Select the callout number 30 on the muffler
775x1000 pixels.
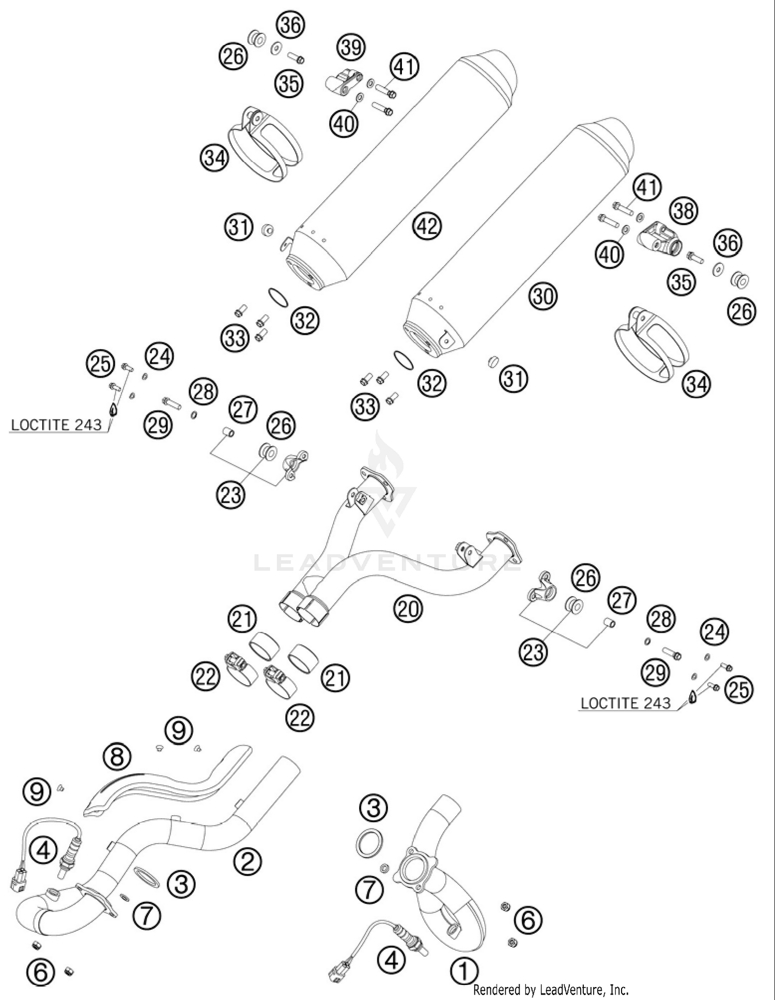(x=543, y=296)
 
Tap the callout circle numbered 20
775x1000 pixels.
(x=408, y=610)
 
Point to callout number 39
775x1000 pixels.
(x=351, y=48)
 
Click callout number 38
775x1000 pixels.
(x=684, y=211)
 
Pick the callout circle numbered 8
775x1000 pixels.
(x=117, y=757)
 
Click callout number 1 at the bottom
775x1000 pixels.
(x=463, y=971)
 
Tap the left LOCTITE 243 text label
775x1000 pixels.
(x=56, y=425)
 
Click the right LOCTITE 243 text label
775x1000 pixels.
(x=625, y=703)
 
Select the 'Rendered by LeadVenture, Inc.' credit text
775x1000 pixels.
(x=551, y=990)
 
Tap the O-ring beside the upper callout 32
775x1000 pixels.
(x=277, y=298)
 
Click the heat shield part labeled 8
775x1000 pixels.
(x=165, y=780)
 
